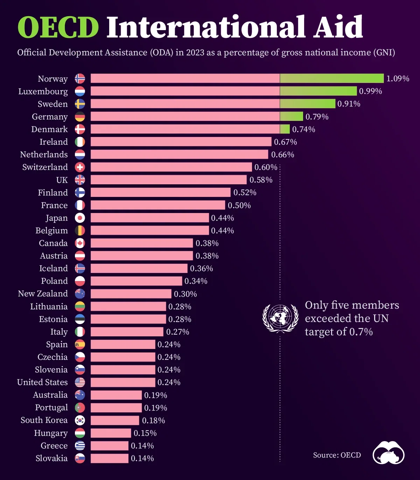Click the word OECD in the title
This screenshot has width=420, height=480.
(58, 27)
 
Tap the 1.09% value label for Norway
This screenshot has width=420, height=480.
(398, 78)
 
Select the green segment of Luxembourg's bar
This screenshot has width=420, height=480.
(318, 91)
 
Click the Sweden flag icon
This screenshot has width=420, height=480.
(80, 104)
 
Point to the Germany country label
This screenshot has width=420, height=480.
(50, 117)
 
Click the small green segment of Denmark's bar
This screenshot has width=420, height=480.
(285, 129)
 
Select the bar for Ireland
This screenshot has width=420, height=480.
(181, 142)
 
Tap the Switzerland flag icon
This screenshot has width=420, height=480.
(80, 167)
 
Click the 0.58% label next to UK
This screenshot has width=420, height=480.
(261, 180)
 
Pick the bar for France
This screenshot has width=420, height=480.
(158, 205)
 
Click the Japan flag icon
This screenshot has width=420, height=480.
(80, 218)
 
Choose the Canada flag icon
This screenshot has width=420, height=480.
(80, 243)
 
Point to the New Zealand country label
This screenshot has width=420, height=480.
(43, 294)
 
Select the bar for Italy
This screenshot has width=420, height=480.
(127, 331)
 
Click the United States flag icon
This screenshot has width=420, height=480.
(80, 382)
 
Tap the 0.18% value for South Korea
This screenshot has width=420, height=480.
(153, 420)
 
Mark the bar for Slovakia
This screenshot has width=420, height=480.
(110, 458)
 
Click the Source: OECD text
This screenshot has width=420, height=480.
(337, 455)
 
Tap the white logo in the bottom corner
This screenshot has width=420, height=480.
(388, 453)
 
